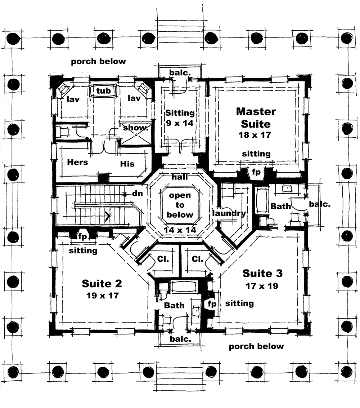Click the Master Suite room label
pos(256,117)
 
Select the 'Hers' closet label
pos(77,162)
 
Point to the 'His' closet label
pos(127,164)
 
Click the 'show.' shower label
pos(136,128)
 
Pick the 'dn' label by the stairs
pos(138,194)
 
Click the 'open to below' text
pos(180,205)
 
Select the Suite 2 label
pos(102,284)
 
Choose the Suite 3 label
pos(262,274)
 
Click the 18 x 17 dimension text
pos(256,135)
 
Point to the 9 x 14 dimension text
pos(180,123)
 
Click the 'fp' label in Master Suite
pos(256,172)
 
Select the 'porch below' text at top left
pos(99,61)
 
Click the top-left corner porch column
pos(13,37)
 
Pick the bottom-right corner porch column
pos(346,371)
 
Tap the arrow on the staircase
pos(108,216)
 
